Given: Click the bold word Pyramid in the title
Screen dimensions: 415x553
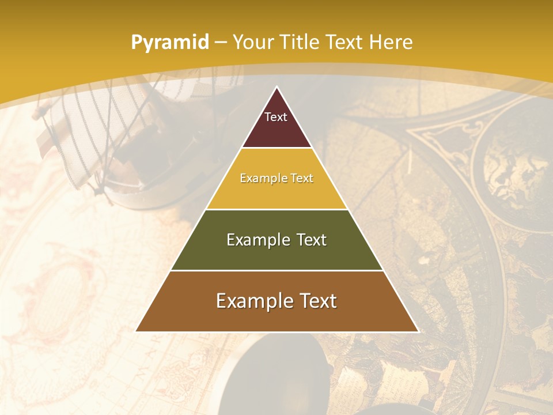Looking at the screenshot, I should click(x=170, y=43).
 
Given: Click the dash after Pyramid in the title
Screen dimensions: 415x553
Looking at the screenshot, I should click(x=220, y=43).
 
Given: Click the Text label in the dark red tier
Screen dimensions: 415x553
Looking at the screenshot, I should click(x=276, y=117).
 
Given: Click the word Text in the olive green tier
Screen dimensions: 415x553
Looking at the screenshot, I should click(x=312, y=240).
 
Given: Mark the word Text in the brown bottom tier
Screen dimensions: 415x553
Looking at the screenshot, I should click(x=317, y=301).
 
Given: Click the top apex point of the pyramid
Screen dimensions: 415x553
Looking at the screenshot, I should click(x=276, y=87).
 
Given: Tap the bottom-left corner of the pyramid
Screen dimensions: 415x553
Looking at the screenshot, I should click(x=136, y=331).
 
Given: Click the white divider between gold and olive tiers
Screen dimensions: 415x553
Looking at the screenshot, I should click(x=276, y=209).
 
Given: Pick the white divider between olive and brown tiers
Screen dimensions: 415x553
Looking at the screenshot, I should click(x=276, y=270).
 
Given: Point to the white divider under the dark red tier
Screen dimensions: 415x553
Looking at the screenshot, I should click(x=276, y=148).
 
